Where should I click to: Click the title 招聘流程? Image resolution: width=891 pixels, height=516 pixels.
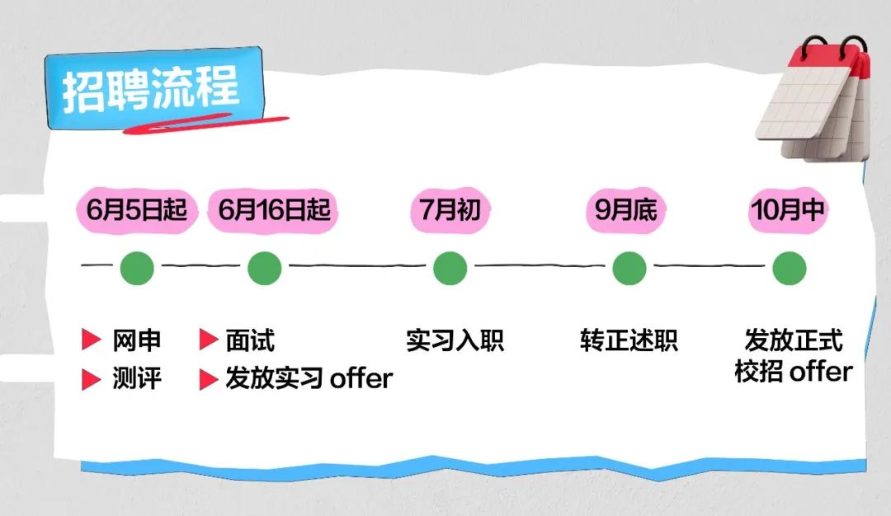(x=151, y=88)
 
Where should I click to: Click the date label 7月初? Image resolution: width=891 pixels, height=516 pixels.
(x=450, y=210)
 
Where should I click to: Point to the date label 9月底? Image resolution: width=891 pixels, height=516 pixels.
(x=626, y=210)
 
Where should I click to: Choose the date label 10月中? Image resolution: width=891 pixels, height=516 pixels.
(x=788, y=210)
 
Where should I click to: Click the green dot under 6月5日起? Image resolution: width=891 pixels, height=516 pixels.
(x=137, y=268)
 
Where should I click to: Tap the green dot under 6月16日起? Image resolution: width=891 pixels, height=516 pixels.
(x=264, y=268)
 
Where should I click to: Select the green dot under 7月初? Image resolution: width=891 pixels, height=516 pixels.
(x=450, y=268)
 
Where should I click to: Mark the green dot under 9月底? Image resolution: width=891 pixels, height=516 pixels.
(x=629, y=268)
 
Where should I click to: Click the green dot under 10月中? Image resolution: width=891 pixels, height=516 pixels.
(x=789, y=268)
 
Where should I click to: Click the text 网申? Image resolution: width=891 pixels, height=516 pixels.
(x=137, y=340)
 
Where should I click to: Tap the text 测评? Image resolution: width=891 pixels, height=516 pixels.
(x=137, y=379)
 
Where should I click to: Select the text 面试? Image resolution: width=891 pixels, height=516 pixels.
(x=250, y=340)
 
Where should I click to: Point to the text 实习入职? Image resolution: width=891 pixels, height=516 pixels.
(x=455, y=340)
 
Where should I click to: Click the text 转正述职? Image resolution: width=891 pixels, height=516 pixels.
(x=629, y=340)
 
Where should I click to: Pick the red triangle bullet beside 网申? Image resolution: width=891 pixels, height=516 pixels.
(x=91, y=340)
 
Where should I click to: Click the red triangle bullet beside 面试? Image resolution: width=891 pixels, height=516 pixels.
(x=207, y=340)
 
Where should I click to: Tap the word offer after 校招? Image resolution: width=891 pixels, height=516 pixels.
(x=820, y=372)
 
